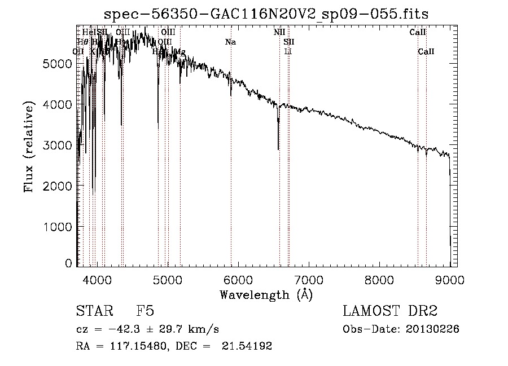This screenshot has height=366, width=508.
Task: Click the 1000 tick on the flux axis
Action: (58, 227)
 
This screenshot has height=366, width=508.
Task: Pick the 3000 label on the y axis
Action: (58, 145)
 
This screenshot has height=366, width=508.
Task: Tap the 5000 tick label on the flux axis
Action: (58, 64)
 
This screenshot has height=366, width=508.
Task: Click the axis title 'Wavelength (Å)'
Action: (266, 294)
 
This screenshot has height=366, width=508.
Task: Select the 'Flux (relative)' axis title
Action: (29, 145)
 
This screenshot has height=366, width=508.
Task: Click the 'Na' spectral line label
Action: (230, 42)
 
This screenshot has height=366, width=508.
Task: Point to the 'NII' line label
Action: (279, 32)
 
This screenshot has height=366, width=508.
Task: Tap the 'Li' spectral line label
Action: (288, 51)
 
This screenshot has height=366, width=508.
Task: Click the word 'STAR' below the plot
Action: (93, 312)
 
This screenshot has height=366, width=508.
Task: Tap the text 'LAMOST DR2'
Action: (390, 312)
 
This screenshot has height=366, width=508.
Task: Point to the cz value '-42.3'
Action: (125, 329)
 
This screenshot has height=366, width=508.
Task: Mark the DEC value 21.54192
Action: (248, 346)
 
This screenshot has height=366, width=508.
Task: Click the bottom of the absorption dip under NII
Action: (278, 149)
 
